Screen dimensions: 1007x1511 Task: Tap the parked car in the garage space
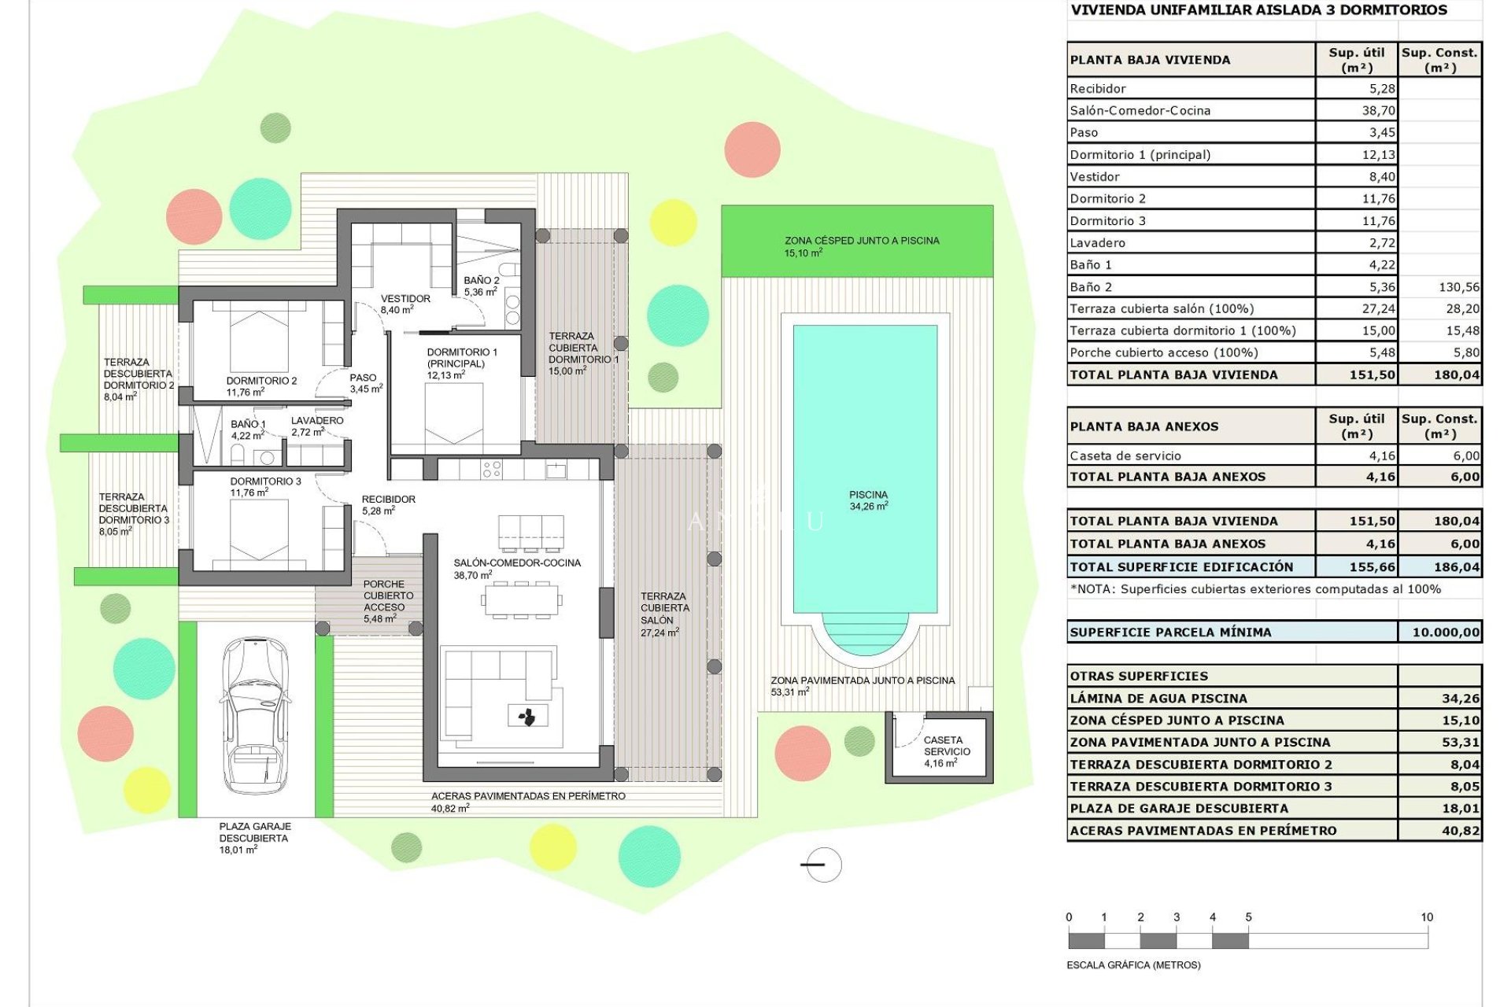click(x=253, y=716)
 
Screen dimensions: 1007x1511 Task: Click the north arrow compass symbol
click(x=823, y=865)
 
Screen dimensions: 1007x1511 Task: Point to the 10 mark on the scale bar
click(x=1427, y=917)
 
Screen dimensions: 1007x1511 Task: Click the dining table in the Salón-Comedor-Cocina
click(x=522, y=600)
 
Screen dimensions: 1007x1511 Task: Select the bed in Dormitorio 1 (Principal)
click(x=454, y=413)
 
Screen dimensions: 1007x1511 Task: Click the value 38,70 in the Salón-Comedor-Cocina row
click(x=1378, y=111)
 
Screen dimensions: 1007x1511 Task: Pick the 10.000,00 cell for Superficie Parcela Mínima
click(x=1445, y=633)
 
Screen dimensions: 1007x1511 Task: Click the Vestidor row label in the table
click(x=1094, y=177)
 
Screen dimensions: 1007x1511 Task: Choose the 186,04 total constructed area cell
click(x=1456, y=567)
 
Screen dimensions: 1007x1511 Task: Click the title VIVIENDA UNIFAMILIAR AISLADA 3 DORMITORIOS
click(x=1258, y=10)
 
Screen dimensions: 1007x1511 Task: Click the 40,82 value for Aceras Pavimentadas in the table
click(x=1461, y=831)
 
